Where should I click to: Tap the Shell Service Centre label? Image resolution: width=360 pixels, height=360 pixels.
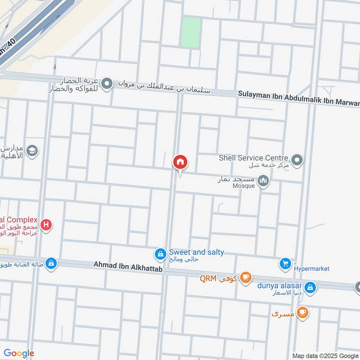[x=253, y=158]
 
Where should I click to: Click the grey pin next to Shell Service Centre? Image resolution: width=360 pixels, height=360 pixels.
[x=297, y=159]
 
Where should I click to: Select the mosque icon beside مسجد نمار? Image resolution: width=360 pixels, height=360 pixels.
[x=264, y=181]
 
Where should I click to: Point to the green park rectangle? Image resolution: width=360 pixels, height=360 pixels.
[x=190, y=32]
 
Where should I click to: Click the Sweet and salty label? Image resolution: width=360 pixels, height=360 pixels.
[x=196, y=252]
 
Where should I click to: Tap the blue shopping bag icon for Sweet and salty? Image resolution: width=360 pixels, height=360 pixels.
[x=160, y=255]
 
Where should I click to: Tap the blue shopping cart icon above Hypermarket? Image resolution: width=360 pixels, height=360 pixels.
[x=285, y=264]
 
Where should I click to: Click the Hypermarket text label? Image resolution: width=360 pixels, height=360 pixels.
[x=311, y=269]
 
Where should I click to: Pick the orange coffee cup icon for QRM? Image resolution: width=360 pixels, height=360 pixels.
[x=245, y=277]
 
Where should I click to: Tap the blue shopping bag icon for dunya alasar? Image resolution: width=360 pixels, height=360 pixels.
[x=310, y=286]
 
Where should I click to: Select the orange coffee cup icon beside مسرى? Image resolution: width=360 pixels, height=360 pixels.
[x=303, y=312]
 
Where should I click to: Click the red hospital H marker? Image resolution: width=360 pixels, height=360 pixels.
[x=45, y=224]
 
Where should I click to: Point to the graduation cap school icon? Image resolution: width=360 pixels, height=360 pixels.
[x=32, y=150]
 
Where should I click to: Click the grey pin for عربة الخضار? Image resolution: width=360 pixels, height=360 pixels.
[x=107, y=84]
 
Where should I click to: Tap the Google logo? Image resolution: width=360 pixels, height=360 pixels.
[x=19, y=353]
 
